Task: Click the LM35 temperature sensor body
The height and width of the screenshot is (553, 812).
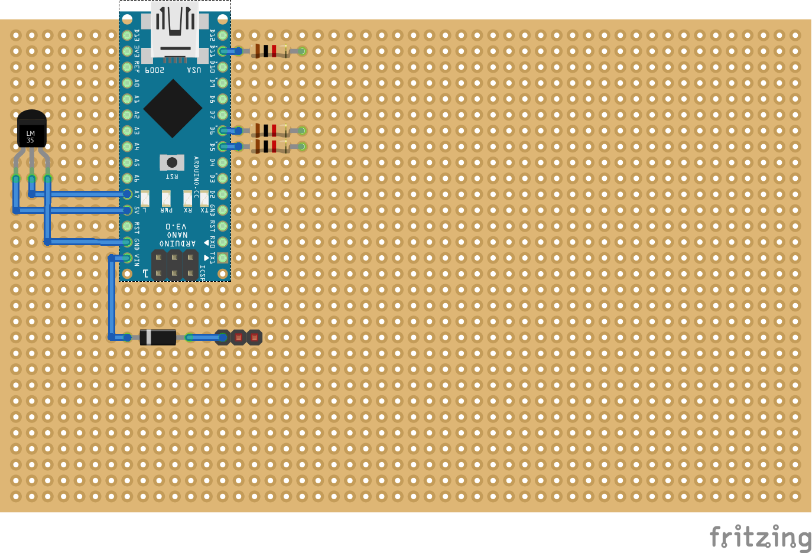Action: click(31, 129)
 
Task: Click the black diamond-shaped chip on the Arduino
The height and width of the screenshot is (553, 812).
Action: click(173, 109)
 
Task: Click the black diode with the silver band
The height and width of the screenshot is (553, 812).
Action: click(158, 337)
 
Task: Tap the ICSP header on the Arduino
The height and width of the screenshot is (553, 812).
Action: click(174, 265)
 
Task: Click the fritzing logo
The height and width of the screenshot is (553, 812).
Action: click(760, 537)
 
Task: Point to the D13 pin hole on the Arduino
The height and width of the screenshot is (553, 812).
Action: click(127, 35)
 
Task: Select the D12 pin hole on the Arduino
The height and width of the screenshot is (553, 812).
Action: click(222, 35)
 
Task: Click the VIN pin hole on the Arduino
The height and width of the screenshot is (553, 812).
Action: click(127, 258)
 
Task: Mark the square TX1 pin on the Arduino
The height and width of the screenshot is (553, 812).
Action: click(222, 258)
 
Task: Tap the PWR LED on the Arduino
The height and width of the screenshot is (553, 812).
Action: click(166, 198)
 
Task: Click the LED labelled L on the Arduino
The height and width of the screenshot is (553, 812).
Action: click(145, 198)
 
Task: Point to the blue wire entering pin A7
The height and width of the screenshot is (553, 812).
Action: click(83, 194)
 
